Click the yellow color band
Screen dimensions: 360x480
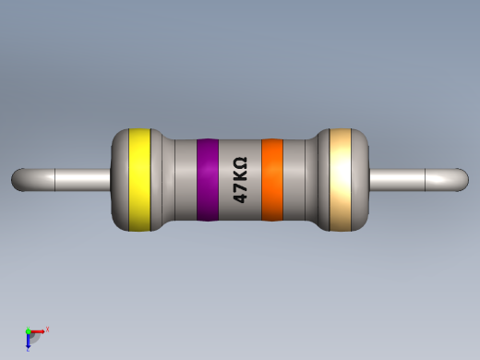139,179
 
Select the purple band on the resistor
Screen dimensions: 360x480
207,180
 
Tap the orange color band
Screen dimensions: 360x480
271,180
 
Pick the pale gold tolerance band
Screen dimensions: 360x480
341,179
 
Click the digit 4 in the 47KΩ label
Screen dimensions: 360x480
239,197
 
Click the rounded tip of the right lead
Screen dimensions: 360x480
462,179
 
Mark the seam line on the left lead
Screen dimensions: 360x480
55,179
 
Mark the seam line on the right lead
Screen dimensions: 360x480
425,179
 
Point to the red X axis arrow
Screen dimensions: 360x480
39,330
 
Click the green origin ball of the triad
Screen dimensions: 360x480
29,331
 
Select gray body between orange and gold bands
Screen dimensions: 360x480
300,180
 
